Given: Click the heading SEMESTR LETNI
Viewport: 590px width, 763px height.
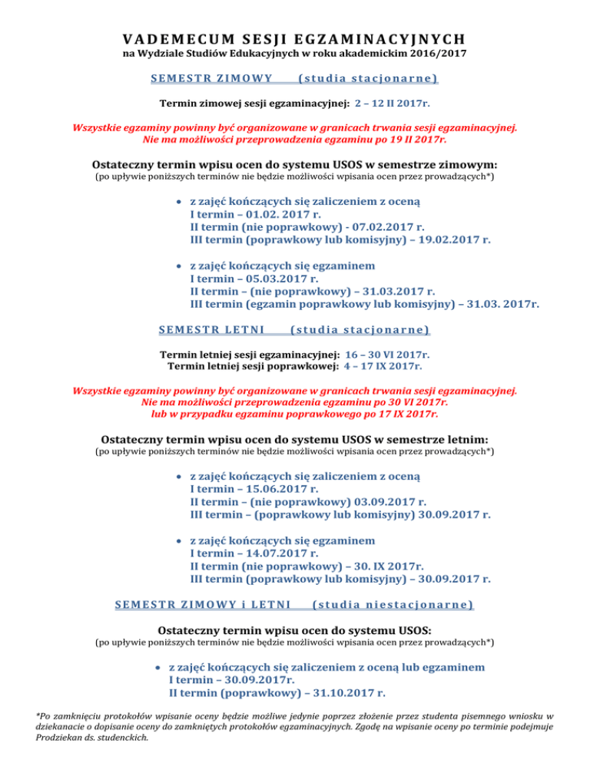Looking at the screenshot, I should (x=211, y=331).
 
